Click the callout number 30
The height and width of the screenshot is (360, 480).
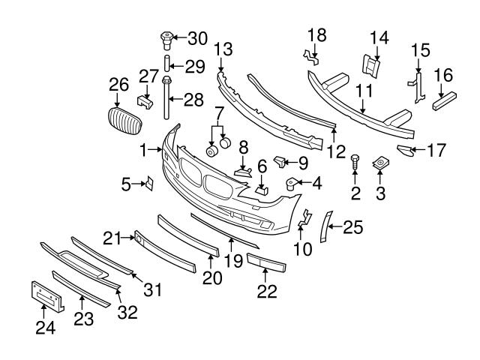pos(197,37)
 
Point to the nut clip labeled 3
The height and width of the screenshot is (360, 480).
pos(380,163)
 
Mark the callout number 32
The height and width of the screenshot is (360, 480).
pos(128,312)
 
